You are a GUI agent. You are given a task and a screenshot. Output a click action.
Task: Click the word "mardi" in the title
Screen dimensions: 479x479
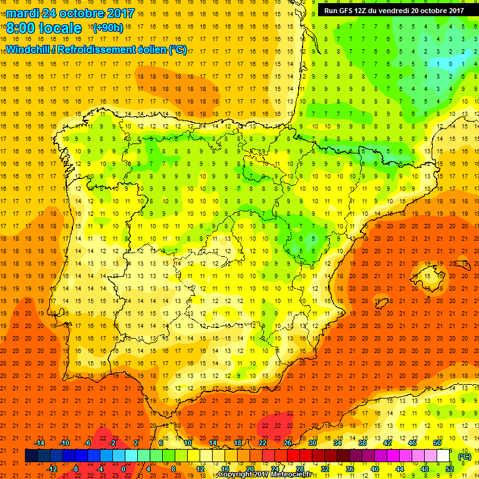[24, 12]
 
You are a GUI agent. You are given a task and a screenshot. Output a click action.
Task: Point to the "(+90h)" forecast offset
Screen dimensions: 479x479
[108, 28]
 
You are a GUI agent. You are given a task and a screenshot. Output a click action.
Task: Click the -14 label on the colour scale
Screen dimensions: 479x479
[39, 443]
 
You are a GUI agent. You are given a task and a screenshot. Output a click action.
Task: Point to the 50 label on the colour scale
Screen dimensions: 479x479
[437, 443]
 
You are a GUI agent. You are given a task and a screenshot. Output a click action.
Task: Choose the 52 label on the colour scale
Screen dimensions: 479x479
[450, 469]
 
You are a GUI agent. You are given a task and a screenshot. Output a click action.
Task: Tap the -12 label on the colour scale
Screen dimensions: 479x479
[52, 469]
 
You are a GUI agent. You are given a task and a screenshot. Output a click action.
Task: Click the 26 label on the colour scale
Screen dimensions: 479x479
[288, 443]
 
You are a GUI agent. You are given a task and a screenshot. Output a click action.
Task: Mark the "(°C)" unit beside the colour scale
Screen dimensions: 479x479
[465, 457]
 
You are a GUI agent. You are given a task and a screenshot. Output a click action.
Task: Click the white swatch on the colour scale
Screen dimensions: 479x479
[443, 456]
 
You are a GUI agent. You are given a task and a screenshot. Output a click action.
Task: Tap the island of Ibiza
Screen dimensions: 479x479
[382, 303]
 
